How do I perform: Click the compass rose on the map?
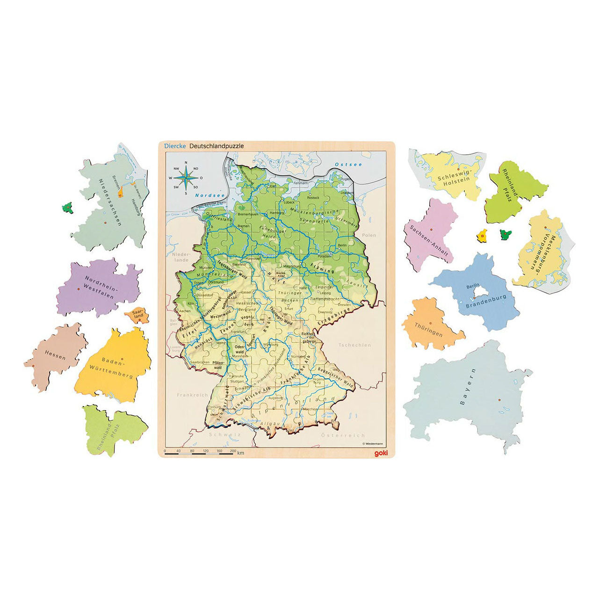tap(186, 178)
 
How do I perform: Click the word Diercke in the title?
tap(175, 146)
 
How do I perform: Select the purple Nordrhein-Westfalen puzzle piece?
tap(98, 288)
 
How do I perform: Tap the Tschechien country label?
tap(355, 345)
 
